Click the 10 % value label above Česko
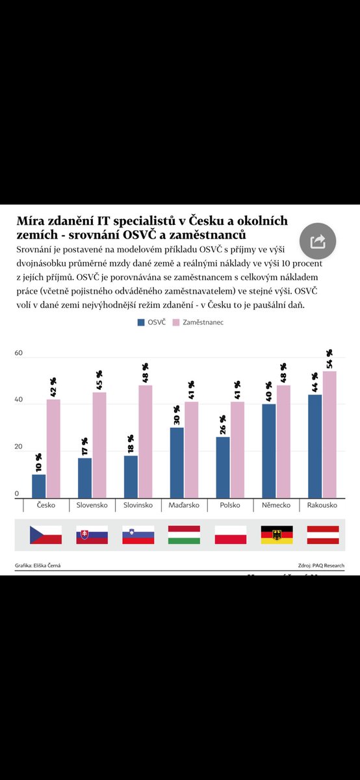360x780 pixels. (x=39, y=462)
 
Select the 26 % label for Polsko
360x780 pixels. (x=223, y=425)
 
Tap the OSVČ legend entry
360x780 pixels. (x=153, y=322)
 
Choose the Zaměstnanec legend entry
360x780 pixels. (x=198, y=322)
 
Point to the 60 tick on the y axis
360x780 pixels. (x=19, y=353)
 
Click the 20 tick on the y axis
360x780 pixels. (x=19, y=447)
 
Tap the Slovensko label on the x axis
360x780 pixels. (x=92, y=504)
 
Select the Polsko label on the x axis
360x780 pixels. (x=230, y=504)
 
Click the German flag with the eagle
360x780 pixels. (x=276, y=534)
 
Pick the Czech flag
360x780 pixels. (x=45, y=534)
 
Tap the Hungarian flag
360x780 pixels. (x=184, y=534)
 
